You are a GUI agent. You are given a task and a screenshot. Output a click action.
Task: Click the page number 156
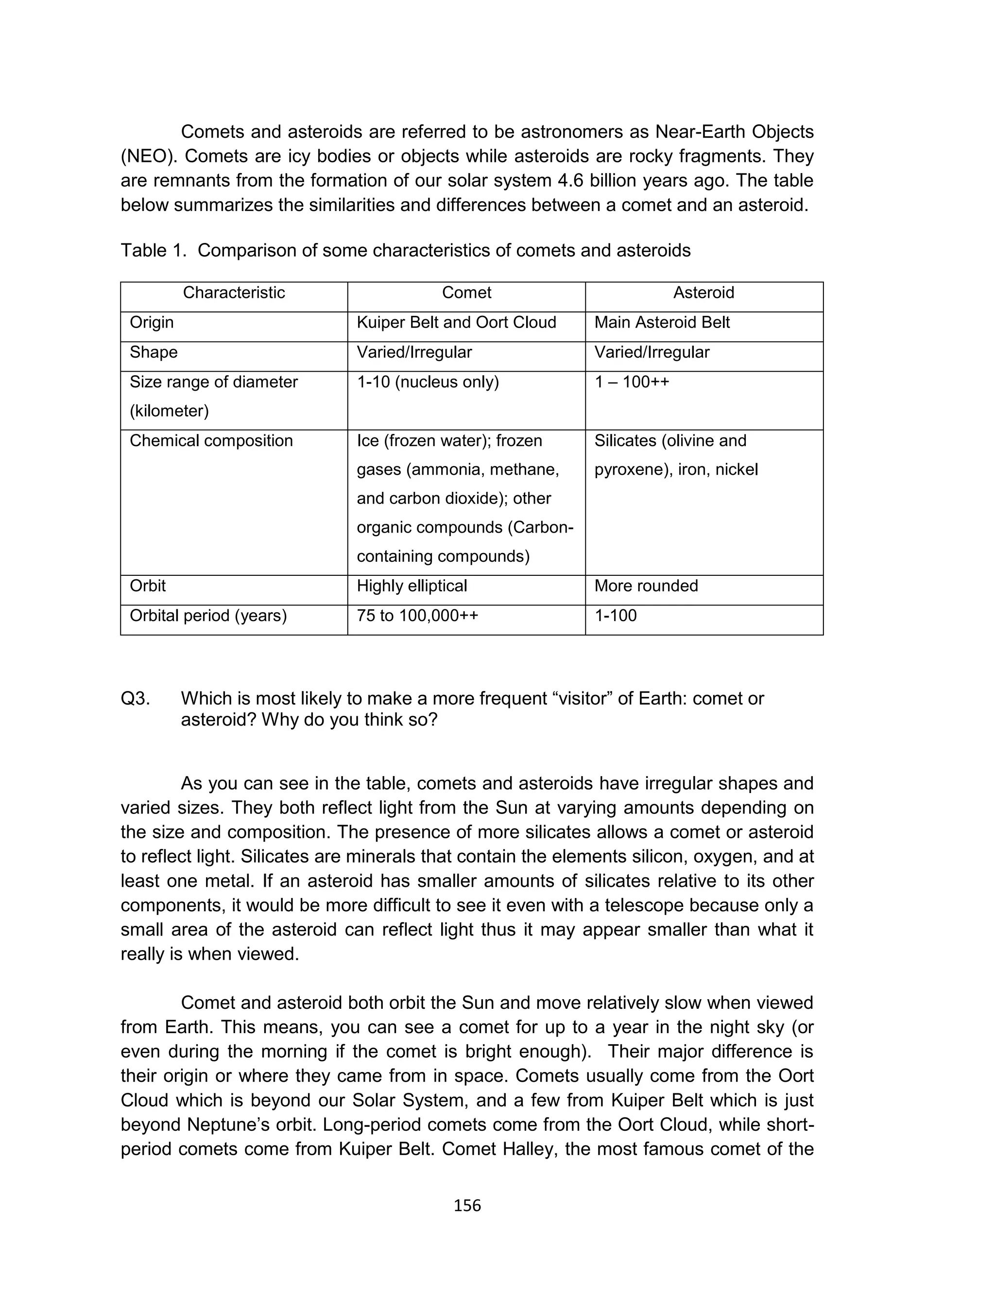pos(467,1205)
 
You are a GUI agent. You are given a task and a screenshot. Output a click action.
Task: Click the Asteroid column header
pos(703,293)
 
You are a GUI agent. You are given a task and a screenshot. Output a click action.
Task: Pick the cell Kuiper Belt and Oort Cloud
pos(456,322)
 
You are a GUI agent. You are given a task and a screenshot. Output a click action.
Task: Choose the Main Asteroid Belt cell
pos(662,322)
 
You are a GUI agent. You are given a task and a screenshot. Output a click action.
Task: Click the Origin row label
pos(152,322)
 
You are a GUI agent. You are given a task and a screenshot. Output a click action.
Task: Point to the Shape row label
pos(154,352)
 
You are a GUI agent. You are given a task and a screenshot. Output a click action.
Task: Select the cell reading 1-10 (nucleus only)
pos(428,382)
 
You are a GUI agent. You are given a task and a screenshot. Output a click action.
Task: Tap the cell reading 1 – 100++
pos(632,382)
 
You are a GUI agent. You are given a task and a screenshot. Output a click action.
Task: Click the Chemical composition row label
pos(211,441)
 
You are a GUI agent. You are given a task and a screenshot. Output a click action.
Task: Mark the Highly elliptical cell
pos(412,586)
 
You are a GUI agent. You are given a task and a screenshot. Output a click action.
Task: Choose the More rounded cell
pos(646,586)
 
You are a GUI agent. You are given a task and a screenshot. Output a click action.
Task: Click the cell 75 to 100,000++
pos(417,616)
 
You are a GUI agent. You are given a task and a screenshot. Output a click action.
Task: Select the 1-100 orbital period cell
pos(616,616)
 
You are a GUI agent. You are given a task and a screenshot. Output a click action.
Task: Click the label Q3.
pos(135,699)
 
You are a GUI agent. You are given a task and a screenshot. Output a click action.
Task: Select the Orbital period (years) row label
pos(208,616)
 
